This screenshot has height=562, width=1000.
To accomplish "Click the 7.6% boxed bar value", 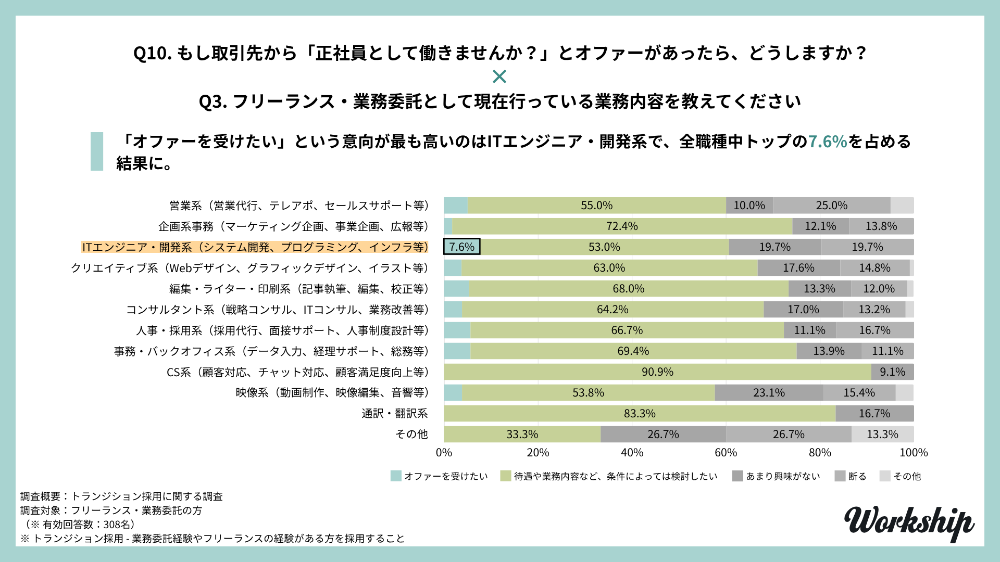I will tap(461, 247).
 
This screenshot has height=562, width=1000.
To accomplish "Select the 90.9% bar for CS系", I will tap(657, 372).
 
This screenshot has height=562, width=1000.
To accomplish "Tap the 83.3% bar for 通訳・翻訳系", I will tap(640, 414).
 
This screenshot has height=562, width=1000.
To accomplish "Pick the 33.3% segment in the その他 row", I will tap(522, 435).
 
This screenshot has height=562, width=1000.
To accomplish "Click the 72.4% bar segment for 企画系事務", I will tap(622, 226).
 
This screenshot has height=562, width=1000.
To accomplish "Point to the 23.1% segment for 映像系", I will tap(769, 393).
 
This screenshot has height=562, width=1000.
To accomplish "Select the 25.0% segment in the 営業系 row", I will tap(831, 206).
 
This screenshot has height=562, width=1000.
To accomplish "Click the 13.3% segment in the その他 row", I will tap(882, 435).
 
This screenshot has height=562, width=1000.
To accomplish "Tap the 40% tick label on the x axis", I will tap(632, 453).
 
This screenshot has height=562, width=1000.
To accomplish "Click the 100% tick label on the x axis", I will tap(914, 453).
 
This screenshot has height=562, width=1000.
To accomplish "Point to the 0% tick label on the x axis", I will tap(444, 453).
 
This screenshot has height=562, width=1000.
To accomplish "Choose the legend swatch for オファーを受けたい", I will tap(396, 476).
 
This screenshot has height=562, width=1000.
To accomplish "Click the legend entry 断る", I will tap(857, 476).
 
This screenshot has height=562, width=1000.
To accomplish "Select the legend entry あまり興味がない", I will tap(783, 476).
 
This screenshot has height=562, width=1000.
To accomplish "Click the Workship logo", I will tap(909, 523).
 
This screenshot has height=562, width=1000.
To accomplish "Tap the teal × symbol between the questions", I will tap(499, 77).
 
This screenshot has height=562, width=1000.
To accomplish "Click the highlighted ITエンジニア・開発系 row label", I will tap(255, 247).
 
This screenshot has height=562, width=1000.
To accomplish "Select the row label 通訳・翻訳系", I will tap(394, 414).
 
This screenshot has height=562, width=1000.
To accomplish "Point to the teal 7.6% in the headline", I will tap(827, 142).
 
